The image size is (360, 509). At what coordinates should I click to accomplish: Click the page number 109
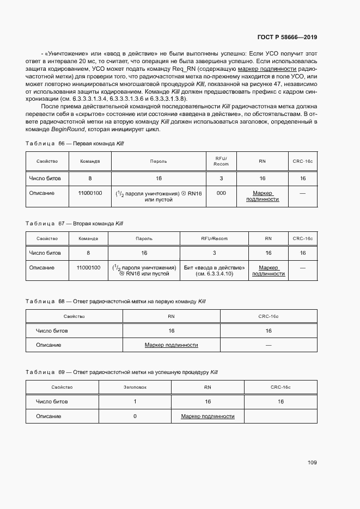(x=312, y=463)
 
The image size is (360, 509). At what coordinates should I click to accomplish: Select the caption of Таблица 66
(x=75, y=143)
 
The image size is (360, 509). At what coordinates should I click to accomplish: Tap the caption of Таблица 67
(x=74, y=223)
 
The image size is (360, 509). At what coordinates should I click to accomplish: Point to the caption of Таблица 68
(x=115, y=301)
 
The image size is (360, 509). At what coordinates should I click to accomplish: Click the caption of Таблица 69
(x=121, y=372)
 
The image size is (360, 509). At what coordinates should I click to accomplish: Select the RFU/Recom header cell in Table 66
(x=221, y=161)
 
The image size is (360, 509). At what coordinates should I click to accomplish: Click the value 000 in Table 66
(x=221, y=193)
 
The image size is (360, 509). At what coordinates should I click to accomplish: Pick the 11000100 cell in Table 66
(x=90, y=193)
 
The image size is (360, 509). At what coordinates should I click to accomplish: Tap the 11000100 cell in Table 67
(x=88, y=267)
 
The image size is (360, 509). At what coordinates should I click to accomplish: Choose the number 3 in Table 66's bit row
(x=221, y=178)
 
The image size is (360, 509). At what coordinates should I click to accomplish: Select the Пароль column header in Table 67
(x=144, y=238)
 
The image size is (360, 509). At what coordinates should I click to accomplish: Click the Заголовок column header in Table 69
(x=135, y=387)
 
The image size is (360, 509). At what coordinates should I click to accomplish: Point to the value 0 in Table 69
(x=135, y=416)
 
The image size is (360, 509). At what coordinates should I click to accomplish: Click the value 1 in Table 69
(x=135, y=401)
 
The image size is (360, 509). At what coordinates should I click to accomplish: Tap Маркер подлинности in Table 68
(x=171, y=345)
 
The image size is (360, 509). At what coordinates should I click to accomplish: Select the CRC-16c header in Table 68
(x=268, y=316)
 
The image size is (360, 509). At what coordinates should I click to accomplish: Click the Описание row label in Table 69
(x=48, y=416)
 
